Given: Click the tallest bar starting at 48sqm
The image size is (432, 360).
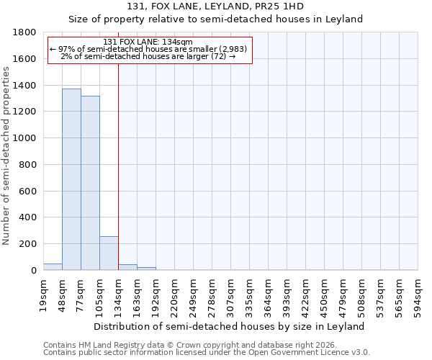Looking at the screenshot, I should [x=71, y=179].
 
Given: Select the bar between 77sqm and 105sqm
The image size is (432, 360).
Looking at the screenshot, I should [x=90, y=183].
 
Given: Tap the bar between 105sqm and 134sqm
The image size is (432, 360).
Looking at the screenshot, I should [x=109, y=253].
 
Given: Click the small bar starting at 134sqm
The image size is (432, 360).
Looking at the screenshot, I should [x=127, y=267].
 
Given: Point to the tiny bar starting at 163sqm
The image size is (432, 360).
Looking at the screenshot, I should [x=146, y=269].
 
